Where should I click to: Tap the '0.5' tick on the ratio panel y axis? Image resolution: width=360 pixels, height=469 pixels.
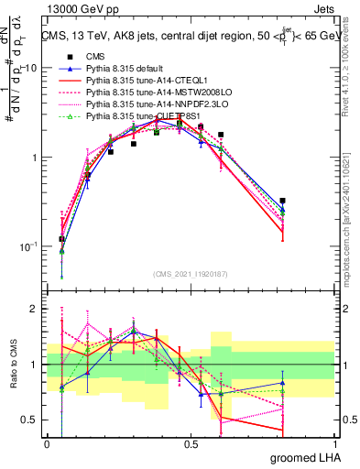[x=29, y=420]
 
